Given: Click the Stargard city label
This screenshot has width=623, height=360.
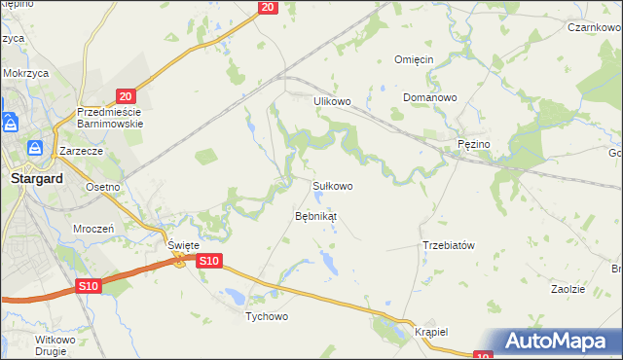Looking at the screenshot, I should point(36,179).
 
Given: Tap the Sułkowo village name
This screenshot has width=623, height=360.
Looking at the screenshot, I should point(332,185).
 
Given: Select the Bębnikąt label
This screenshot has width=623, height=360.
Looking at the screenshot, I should point(315,216).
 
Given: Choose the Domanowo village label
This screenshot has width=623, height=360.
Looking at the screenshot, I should point(430,98).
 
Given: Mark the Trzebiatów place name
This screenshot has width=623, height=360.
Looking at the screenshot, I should point(449,245).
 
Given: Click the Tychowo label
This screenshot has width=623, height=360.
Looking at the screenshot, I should point(267,317).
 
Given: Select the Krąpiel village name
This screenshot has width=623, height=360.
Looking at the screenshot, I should point(430,331).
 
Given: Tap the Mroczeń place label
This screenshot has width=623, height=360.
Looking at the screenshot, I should point(94,228).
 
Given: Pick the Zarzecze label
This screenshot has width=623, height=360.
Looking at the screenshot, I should point(81,152).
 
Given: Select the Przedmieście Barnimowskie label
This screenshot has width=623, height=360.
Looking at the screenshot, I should point(110,118).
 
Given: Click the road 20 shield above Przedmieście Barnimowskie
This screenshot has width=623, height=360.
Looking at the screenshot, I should point(124,95).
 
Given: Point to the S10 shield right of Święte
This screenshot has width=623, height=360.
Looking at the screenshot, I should point(209,261).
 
